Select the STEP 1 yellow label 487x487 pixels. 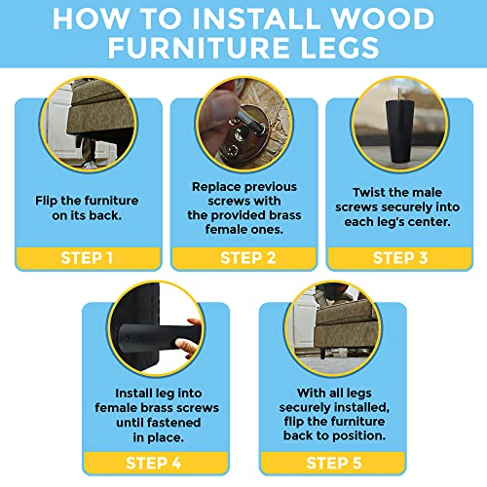88,258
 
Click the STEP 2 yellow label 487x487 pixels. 243,258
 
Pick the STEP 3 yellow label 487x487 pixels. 399,258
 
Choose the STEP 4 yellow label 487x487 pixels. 156,463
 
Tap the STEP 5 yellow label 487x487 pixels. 333,463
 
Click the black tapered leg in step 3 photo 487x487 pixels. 399,131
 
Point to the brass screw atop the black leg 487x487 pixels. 399,94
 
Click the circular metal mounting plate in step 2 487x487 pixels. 245,136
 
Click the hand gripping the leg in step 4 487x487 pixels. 189,340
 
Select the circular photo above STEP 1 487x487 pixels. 89,125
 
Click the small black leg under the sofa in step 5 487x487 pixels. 323,354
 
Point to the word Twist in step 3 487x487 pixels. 368,192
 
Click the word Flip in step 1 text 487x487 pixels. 46,201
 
